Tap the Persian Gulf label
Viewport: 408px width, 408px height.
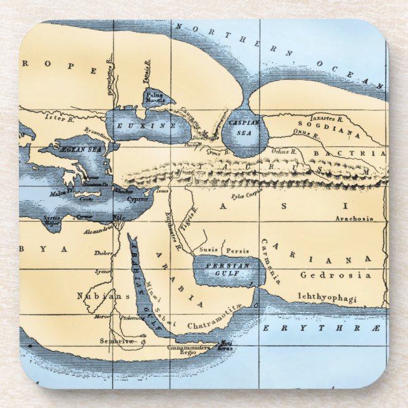click(x=226, y=270)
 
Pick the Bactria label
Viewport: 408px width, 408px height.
click(x=359, y=153)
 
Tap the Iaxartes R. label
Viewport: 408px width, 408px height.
click(x=326, y=118)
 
